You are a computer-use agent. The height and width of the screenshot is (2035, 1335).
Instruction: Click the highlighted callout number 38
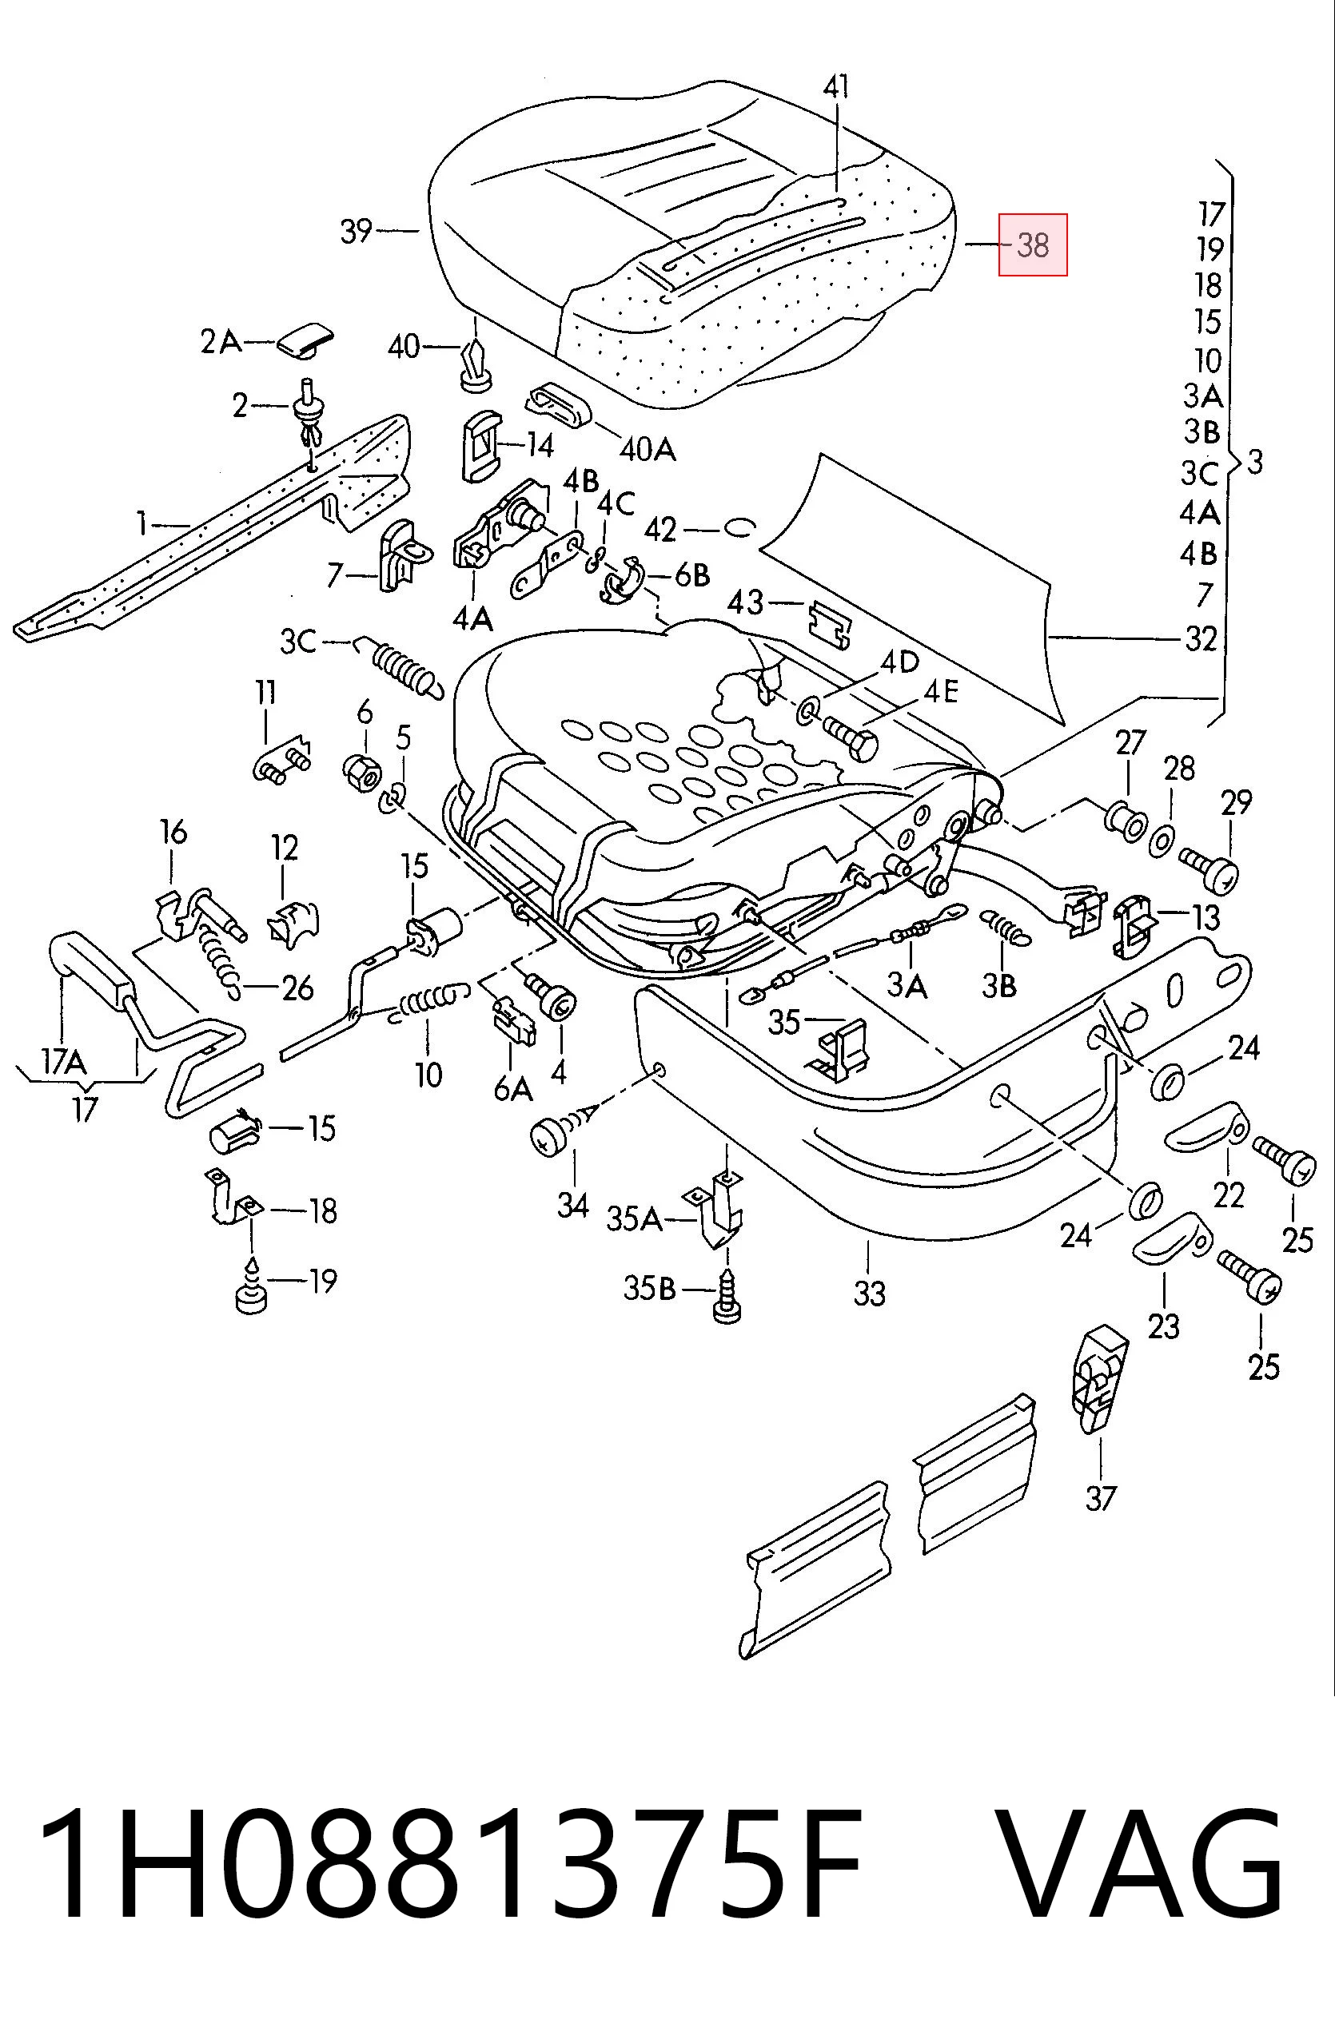(x=1033, y=245)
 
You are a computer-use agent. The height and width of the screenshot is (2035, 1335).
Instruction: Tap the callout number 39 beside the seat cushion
(x=356, y=231)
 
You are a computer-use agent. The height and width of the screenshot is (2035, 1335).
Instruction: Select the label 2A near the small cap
(x=221, y=343)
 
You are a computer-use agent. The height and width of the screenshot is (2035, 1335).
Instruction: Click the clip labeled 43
(x=830, y=622)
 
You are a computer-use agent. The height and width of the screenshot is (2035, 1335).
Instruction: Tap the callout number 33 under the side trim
(x=869, y=1293)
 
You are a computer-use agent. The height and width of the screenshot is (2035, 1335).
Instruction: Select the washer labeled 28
(x=1162, y=840)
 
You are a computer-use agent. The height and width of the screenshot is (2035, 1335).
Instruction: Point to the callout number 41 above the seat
(x=837, y=86)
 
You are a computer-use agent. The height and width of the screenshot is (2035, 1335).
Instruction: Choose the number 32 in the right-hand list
(x=1201, y=638)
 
